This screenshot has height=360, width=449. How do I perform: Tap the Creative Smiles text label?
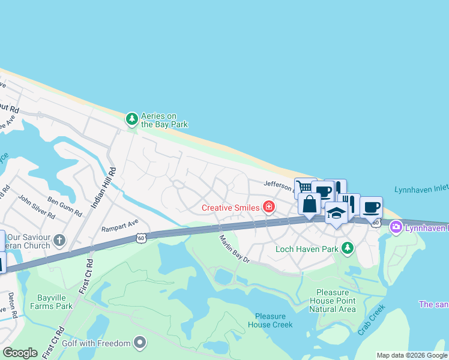tap(231, 208)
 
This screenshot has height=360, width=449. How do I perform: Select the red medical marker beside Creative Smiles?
tap(269, 208)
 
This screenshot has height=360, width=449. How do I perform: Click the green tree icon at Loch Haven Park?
tap(347, 248)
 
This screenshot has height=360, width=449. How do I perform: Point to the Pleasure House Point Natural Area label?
tap(332, 301)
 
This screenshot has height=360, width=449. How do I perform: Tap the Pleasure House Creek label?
tap(273, 320)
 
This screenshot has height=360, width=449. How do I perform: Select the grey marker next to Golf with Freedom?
tap(140, 343)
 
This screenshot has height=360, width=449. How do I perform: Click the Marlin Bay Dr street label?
tap(234, 248)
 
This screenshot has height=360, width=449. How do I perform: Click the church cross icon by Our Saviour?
tap(59, 241)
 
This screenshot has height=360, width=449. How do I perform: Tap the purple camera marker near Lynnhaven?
tap(396, 227)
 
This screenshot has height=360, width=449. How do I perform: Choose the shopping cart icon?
tap(304, 187)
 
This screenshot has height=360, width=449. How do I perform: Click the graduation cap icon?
tap(336, 214)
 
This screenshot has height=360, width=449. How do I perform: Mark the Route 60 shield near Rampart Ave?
tap(140, 238)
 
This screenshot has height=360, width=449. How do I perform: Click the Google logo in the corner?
tap(20, 353)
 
